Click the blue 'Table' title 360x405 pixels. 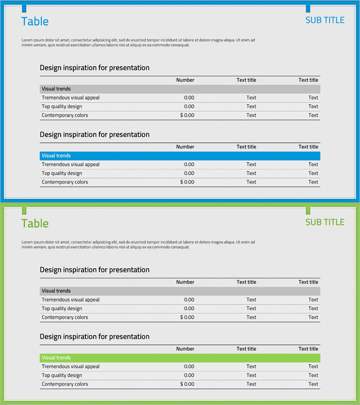tap(35, 22)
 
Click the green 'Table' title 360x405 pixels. tap(35, 224)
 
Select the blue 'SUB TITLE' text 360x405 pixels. tap(324, 20)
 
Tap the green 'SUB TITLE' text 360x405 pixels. tap(324, 222)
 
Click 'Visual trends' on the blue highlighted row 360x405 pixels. tap(56, 156)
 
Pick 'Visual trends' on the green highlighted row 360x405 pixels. tap(56, 358)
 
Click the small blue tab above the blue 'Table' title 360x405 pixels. tap(24, 8)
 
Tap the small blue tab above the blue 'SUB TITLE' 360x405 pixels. tap(308, 8)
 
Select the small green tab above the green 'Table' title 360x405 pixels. tap(24, 210)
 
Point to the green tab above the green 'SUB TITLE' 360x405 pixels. tap(308, 210)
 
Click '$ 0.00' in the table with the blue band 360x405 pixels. tap(187, 182)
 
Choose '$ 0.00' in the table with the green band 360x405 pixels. tap(187, 384)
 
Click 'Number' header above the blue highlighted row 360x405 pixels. tap(185, 147)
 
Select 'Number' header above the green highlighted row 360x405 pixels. tap(185, 349)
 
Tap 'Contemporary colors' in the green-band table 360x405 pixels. tap(65, 384)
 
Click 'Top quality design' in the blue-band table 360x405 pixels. tap(62, 173)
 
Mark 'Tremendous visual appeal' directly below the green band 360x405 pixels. tap(71, 367)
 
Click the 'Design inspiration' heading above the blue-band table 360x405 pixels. tap(94, 135)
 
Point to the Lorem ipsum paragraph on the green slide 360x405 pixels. tap(138, 244)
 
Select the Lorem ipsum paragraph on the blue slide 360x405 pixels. tap(138, 42)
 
